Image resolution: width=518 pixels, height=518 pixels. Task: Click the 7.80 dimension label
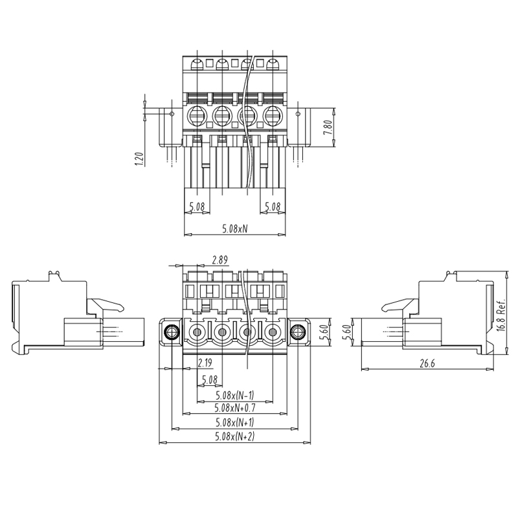pos(328,127)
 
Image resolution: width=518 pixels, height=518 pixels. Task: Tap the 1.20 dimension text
pos(140,159)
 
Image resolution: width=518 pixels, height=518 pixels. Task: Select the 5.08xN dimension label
pos(234,229)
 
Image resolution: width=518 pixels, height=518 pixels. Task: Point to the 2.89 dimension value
pos(220,260)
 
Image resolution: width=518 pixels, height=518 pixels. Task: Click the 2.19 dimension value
pos(205,363)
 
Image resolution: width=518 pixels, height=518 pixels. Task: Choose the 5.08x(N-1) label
pos(235,395)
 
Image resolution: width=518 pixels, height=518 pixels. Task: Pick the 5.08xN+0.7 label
pos(235,408)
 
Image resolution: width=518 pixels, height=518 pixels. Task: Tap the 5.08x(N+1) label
pos(235,422)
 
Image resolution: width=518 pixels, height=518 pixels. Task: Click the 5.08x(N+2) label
pos(235,436)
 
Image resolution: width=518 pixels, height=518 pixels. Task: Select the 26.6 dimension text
pos(427,364)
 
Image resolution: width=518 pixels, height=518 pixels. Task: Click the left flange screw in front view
pos(172,332)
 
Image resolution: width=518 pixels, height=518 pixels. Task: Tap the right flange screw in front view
pos(298,332)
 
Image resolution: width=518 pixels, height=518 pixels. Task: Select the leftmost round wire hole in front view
pos(197,332)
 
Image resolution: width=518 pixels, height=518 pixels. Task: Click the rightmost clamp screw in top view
pos(273,115)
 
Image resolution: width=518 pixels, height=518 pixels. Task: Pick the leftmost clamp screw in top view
pos(197,115)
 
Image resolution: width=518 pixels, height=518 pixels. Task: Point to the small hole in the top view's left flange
pos(172,114)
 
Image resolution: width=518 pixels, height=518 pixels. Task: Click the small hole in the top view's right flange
pos(298,114)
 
